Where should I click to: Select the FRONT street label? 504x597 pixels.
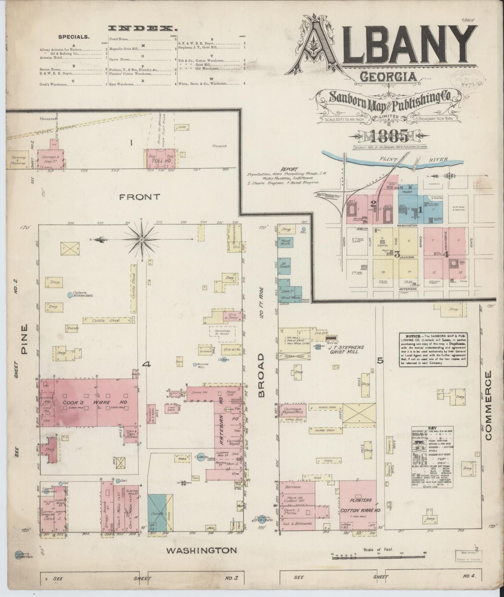pyautogui.click(x=140, y=197)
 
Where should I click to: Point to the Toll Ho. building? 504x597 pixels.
pyautogui.click(x=161, y=161)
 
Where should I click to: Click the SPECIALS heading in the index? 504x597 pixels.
pyautogui.click(x=74, y=36)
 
